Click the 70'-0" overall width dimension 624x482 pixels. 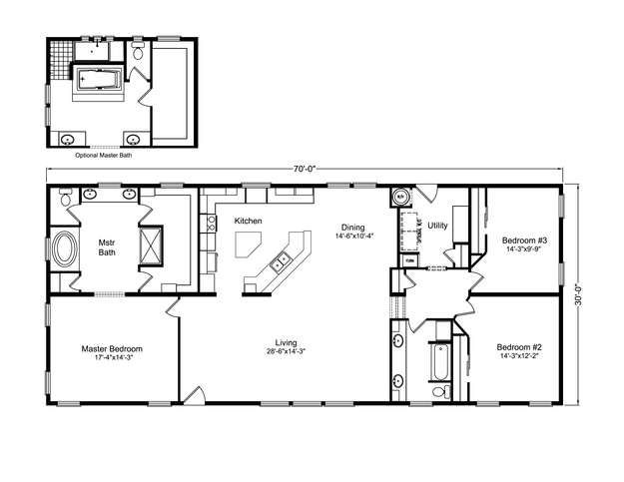coord(305,170)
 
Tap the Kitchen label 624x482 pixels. coord(248,221)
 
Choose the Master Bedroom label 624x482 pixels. coord(111,349)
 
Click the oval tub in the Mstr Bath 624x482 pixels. coord(67,249)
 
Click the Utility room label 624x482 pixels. coord(437,227)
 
